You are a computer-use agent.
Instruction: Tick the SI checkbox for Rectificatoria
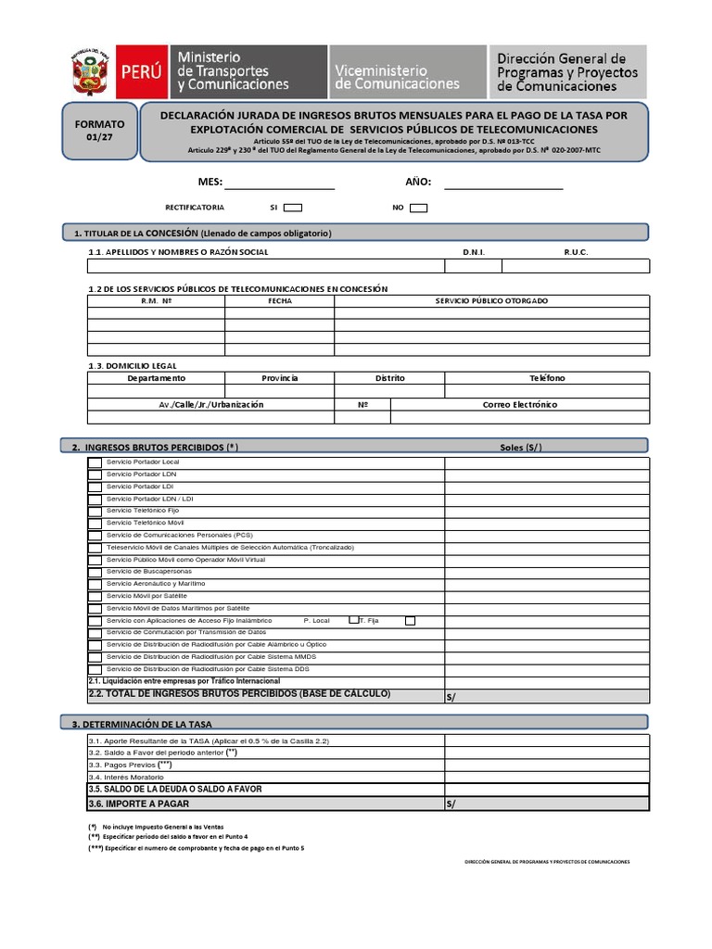click(292, 208)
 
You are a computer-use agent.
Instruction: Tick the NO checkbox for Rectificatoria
click(418, 208)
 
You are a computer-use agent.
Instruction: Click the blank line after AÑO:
click(503, 183)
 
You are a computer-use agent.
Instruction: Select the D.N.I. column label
click(473, 252)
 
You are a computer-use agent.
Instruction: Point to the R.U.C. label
click(576, 252)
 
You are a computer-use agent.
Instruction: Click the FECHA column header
click(279, 301)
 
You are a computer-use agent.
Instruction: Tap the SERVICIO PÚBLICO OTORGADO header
click(491, 301)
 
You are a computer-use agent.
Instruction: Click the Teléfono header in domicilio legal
click(547, 378)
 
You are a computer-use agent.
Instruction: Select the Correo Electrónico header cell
click(520, 404)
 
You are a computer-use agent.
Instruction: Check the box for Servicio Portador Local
click(95, 462)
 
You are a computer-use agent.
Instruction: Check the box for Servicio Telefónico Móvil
click(95, 523)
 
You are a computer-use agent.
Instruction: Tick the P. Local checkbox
click(353, 620)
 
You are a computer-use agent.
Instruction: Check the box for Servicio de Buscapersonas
click(95, 572)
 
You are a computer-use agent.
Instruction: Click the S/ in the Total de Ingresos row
click(451, 696)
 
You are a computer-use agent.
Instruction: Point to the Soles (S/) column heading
click(520, 448)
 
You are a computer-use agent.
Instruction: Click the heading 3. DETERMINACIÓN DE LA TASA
click(147, 723)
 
